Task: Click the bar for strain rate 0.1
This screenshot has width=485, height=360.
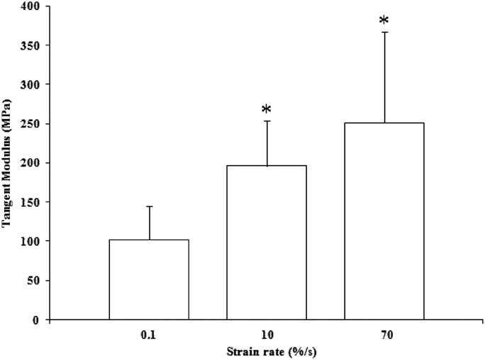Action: (149, 279)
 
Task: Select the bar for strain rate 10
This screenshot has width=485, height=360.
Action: (267, 242)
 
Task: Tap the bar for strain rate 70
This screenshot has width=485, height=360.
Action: (384, 221)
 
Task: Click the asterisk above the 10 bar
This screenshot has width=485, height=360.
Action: (267, 111)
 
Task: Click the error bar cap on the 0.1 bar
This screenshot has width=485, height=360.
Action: (149, 206)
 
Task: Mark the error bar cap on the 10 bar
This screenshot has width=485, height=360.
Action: (267, 121)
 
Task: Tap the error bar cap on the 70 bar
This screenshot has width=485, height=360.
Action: (384, 32)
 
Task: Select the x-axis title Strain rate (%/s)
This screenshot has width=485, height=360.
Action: (247, 351)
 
